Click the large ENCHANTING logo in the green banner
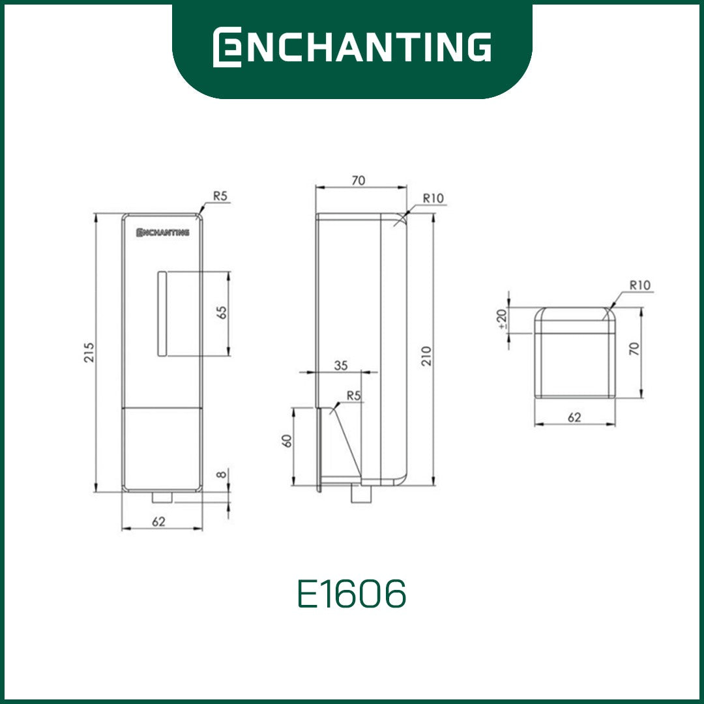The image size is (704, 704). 352,47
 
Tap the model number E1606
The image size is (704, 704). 352,593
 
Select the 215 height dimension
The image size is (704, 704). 89,353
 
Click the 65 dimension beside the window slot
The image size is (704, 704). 222,312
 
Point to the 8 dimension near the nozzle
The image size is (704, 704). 222,474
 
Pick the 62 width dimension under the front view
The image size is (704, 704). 158,521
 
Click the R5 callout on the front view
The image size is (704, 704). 220,196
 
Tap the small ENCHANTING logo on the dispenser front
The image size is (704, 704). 163,232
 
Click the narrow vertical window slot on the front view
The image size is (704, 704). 162,314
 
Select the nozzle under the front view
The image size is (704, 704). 162,497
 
